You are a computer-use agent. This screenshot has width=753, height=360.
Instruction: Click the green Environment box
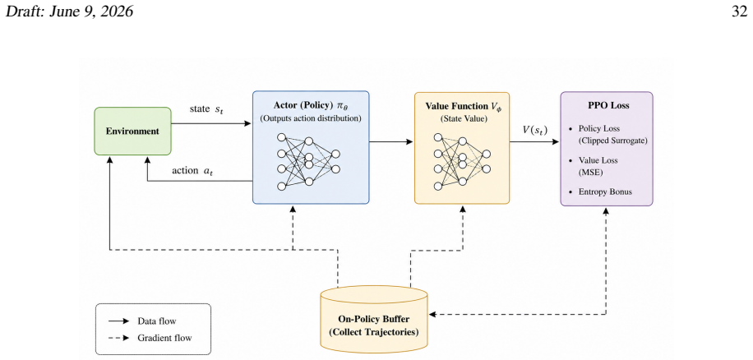(132, 131)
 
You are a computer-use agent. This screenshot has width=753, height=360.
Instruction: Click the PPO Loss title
(607, 105)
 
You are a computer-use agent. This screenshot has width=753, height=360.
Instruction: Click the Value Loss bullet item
(597, 166)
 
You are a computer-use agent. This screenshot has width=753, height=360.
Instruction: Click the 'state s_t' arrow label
(207, 109)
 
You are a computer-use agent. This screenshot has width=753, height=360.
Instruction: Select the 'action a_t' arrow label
(192, 170)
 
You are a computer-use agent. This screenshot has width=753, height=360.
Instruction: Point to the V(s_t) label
(535, 130)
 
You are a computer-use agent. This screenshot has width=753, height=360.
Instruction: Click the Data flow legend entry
(146, 321)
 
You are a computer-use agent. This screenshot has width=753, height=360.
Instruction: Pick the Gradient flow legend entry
(150, 338)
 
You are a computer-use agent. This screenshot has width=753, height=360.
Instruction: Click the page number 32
(739, 12)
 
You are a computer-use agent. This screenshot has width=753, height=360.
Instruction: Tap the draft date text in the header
(69, 12)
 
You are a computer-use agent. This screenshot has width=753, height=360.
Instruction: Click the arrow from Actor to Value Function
(391, 141)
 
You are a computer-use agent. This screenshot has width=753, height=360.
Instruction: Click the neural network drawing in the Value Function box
(461, 161)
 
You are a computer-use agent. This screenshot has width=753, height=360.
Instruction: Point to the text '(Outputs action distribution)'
(311, 118)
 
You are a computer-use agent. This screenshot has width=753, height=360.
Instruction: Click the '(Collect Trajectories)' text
(373, 332)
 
